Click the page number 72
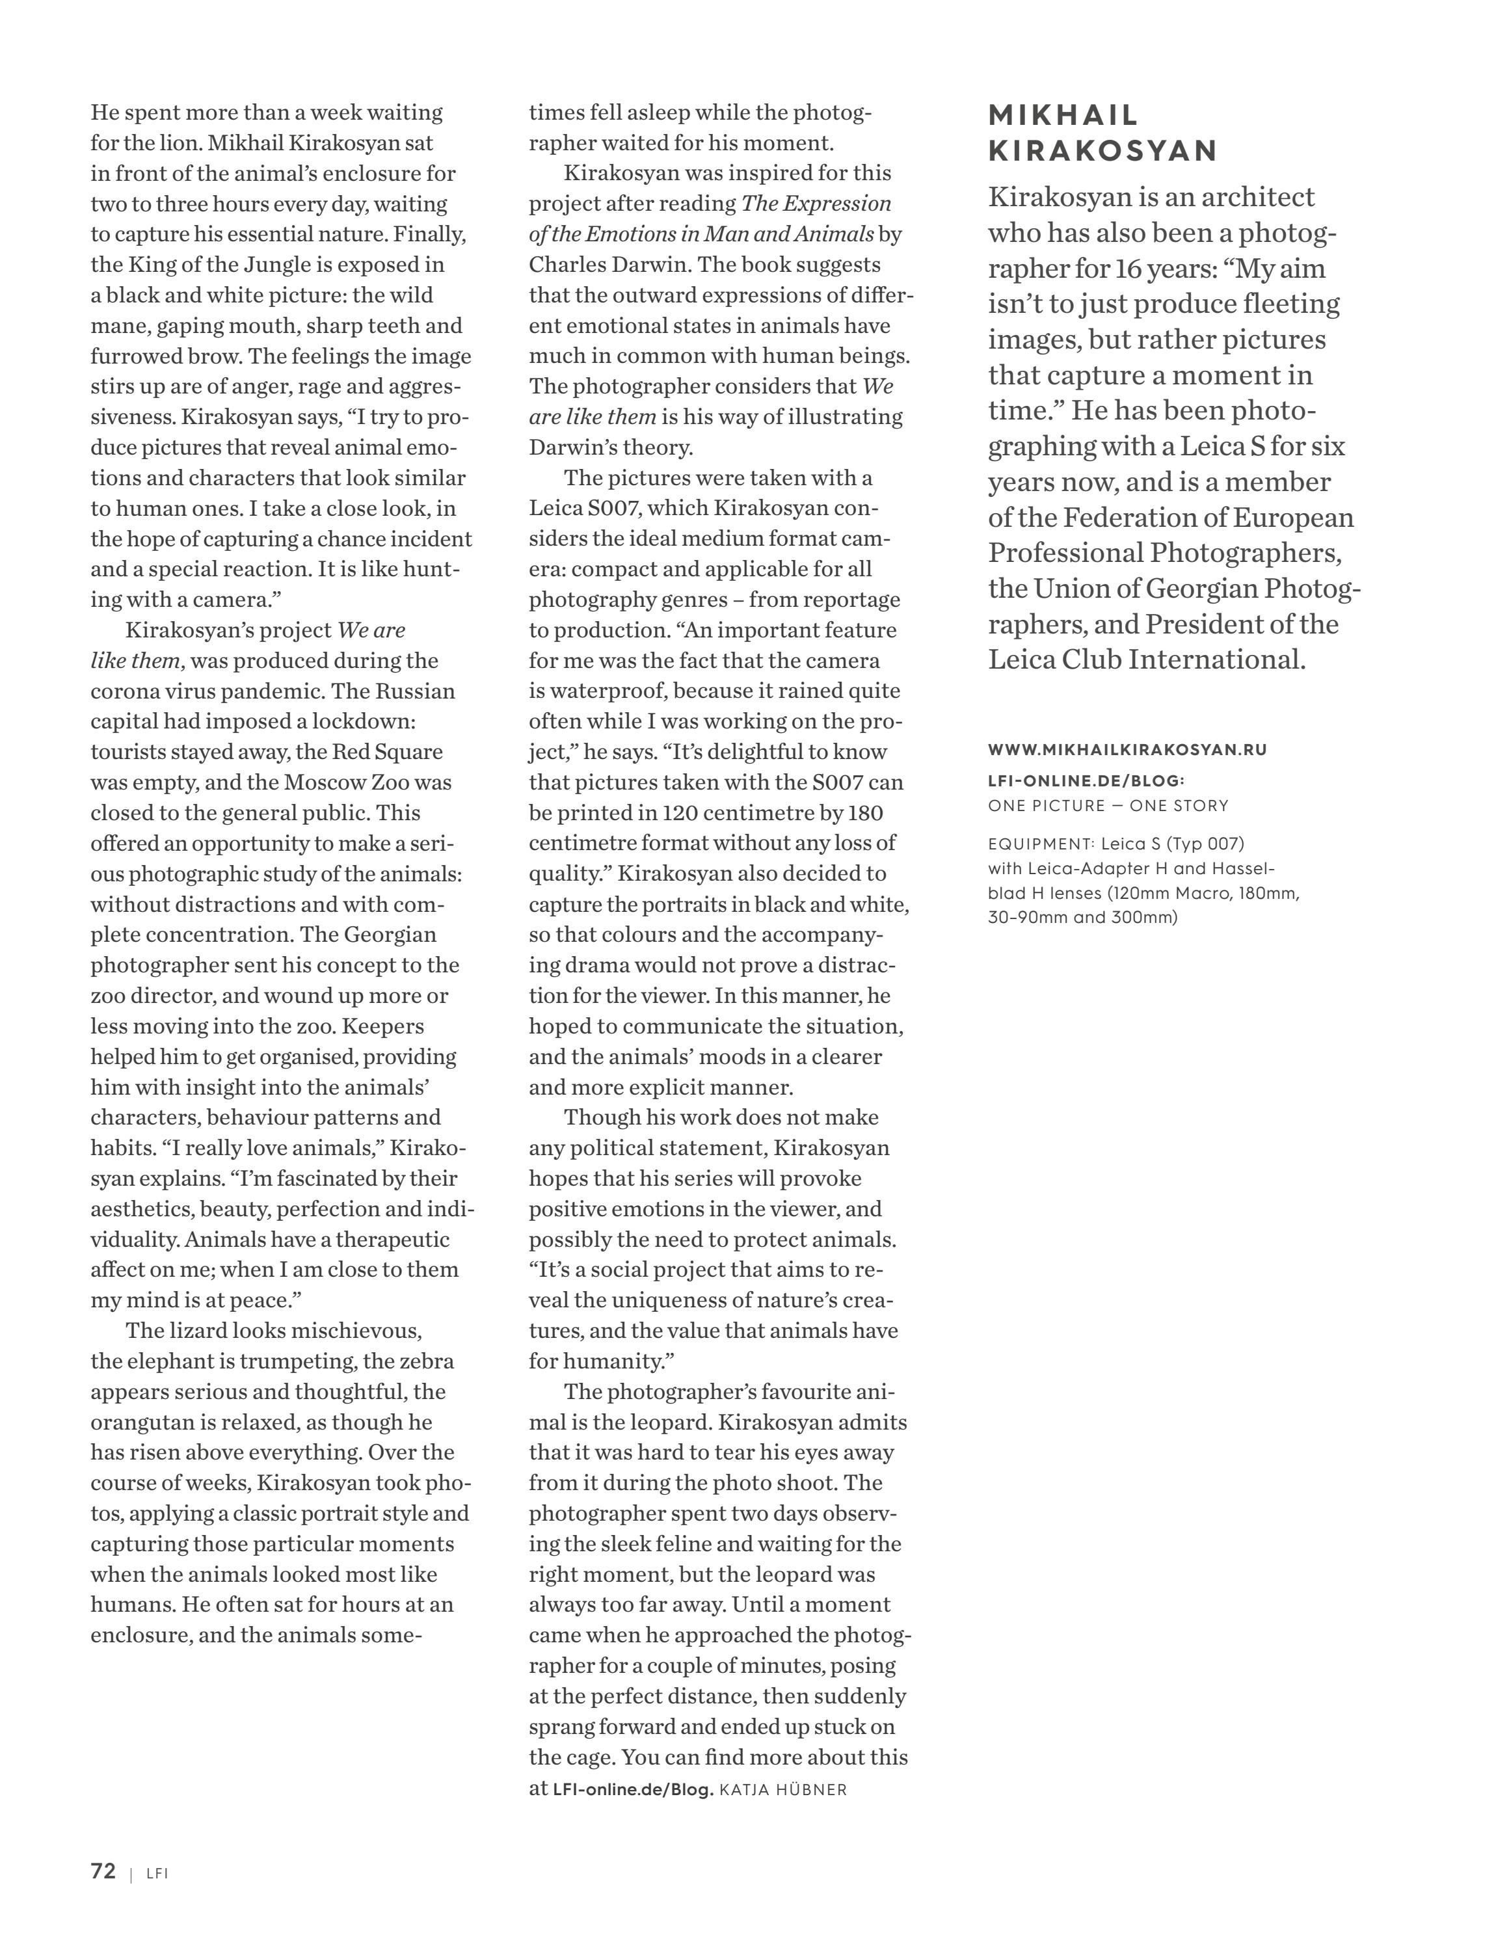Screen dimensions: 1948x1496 tap(103, 1871)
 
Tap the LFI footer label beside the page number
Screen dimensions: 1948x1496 tap(157, 1873)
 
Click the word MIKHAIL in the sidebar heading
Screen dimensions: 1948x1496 tap(1064, 115)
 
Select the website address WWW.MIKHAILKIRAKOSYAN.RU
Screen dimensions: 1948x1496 tap(1127, 750)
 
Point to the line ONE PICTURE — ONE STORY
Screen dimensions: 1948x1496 tap(1108, 806)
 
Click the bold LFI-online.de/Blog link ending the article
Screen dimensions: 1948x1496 tap(633, 1789)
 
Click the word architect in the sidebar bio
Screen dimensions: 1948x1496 tap(1247, 197)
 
